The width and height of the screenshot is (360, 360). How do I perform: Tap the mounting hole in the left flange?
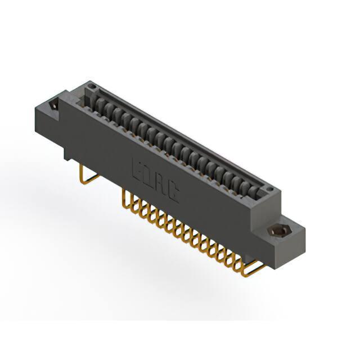pos(54,105)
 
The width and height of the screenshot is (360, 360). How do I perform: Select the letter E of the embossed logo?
pos(137,167)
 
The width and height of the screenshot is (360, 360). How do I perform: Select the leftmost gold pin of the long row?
pos(124,197)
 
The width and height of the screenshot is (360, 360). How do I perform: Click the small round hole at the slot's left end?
pos(93,85)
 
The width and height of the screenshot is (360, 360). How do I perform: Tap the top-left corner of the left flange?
pos(37,103)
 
